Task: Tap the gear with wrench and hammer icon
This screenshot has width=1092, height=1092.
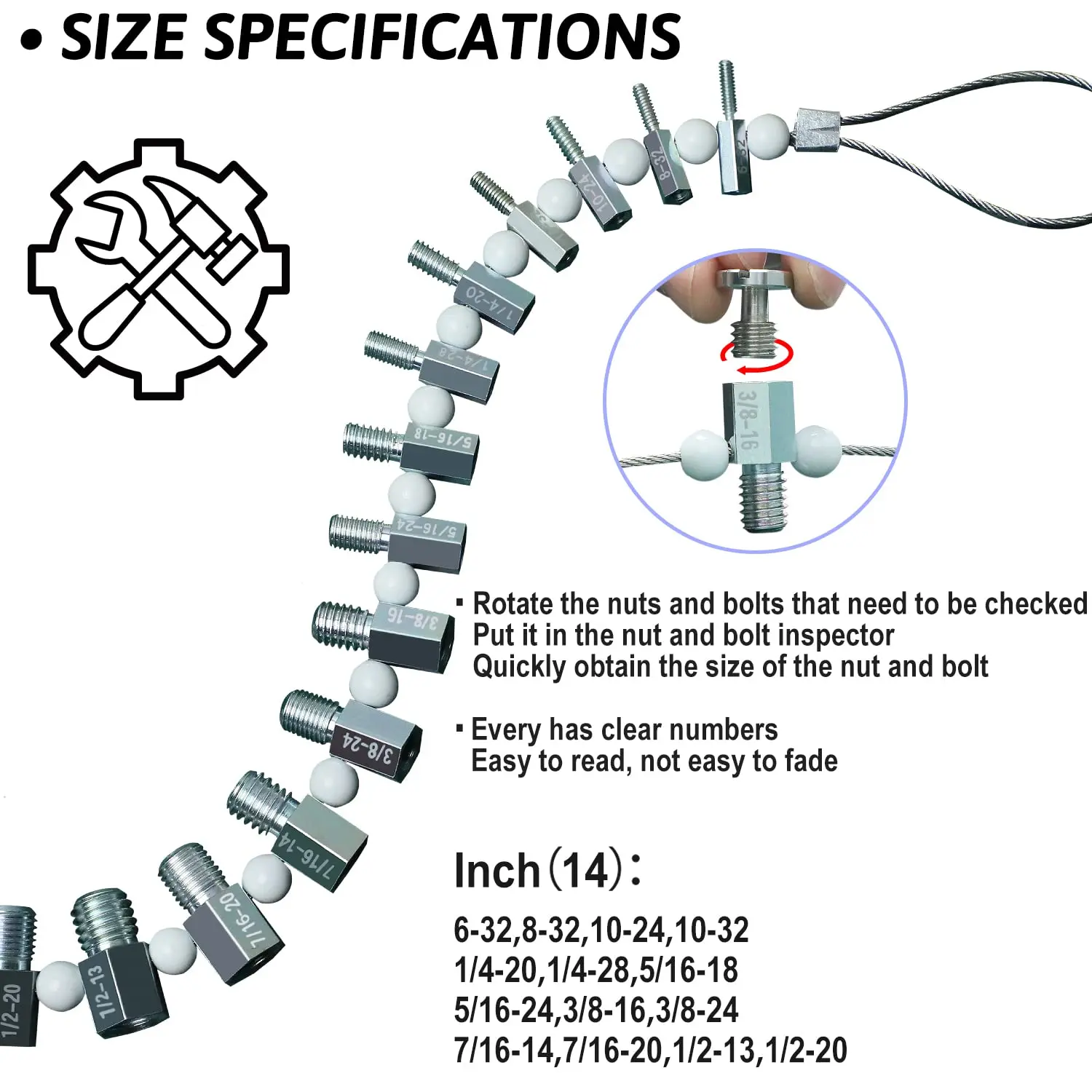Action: coord(159,269)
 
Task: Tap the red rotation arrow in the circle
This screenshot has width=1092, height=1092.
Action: coord(757,357)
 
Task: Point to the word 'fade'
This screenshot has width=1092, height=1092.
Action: coord(811,761)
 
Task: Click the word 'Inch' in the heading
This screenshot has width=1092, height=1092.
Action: coord(496,871)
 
